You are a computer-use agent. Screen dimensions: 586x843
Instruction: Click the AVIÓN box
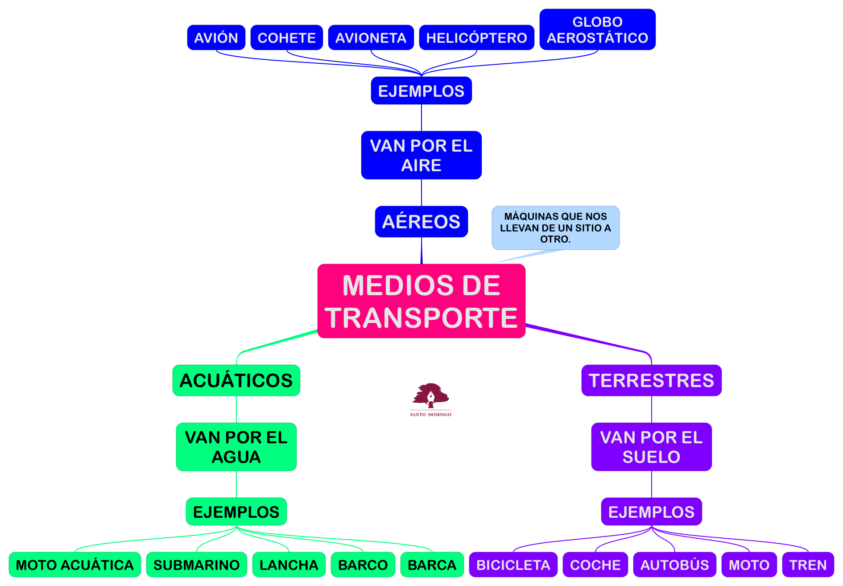tap(216, 37)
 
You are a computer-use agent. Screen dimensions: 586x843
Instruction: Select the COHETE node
tap(286, 37)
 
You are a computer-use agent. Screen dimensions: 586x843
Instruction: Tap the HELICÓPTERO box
tap(476, 37)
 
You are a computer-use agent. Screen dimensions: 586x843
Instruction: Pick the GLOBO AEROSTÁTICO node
tap(597, 29)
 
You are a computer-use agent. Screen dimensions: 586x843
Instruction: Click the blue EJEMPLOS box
tap(421, 91)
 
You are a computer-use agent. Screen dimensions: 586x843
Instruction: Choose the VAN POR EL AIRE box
tap(421, 155)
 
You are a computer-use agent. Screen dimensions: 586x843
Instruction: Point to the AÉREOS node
tap(421, 222)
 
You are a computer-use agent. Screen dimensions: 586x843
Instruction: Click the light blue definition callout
tap(555, 227)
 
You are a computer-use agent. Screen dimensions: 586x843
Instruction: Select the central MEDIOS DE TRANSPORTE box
tap(421, 301)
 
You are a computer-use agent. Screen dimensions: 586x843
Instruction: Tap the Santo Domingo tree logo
tap(430, 398)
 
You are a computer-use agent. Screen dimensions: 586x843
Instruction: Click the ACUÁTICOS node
tap(236, 380)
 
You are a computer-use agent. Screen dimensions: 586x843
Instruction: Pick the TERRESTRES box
tap(651, 380)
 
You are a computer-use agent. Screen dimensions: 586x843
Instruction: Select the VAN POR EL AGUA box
tap(236, 447)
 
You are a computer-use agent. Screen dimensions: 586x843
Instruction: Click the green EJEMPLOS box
tap(236, 512)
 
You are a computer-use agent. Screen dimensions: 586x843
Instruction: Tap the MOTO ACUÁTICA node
tap(74, 565)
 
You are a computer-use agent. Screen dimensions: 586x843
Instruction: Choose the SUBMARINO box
tap(196, 565)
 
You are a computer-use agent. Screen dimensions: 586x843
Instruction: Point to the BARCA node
tap(432, 565)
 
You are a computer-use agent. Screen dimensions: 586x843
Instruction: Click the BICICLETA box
tap(513, 565)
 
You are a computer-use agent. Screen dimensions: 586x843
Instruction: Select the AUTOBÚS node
tap(674, 565)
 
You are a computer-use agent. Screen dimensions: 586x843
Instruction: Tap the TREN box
tap(808, 565)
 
